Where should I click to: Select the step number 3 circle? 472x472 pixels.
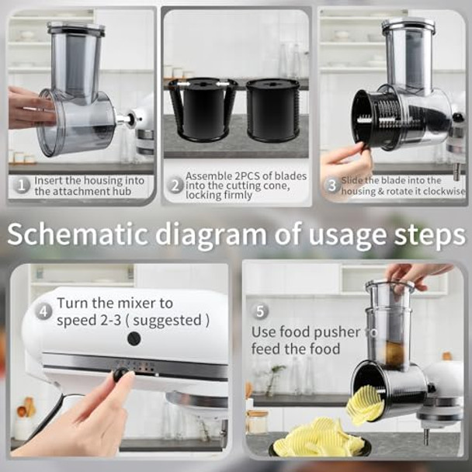click(331, 186)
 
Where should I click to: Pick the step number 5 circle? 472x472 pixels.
click(261, 311)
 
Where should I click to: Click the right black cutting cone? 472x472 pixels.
click(272, 109)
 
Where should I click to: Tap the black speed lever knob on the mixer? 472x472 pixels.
click(120, 374)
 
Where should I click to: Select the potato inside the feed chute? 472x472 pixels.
click(396, 351)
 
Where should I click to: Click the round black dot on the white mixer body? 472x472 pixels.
click(134, 338)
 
